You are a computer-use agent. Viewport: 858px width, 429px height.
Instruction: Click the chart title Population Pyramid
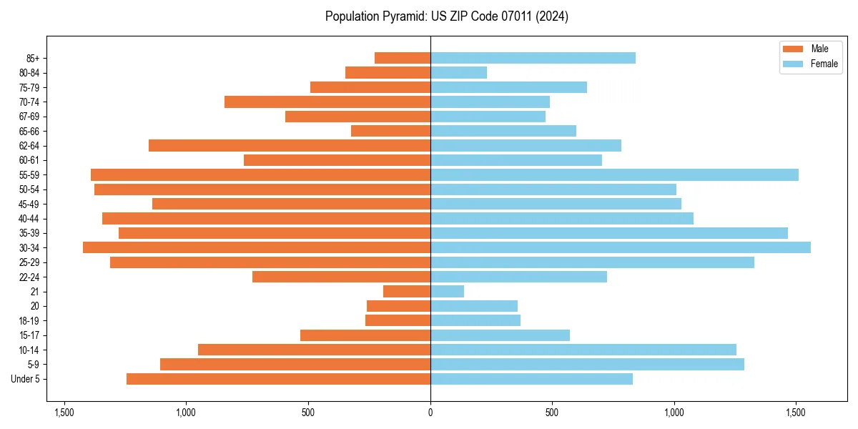pos(446,16)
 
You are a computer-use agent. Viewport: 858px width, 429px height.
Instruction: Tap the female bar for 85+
pos(533,58)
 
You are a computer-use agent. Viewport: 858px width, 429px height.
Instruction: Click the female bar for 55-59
pos(614,174)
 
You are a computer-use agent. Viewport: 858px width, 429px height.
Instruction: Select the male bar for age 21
pos(407,291)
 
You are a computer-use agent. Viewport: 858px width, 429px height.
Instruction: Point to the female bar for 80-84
pos(458,72)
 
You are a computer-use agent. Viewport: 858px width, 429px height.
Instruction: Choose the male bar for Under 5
pos(278,379)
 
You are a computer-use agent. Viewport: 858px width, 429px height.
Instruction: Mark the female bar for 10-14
pos(583,350)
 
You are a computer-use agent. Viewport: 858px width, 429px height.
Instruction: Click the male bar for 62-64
pos(290,145)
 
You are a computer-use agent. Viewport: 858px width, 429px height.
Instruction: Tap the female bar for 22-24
pos(518,277)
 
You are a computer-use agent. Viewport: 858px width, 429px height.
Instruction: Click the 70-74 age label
pos(29,102)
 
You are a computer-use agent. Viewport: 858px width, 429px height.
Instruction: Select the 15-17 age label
pos(29,335)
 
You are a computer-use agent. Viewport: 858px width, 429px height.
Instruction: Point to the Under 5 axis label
pos(26,379)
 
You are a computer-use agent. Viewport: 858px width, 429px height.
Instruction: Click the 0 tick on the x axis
pos(430,413)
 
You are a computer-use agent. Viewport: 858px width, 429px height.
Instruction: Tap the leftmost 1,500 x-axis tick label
pos(64,413)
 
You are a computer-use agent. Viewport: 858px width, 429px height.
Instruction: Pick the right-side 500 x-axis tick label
pos(552,413)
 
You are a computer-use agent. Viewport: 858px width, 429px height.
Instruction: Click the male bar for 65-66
pos(390,131)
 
